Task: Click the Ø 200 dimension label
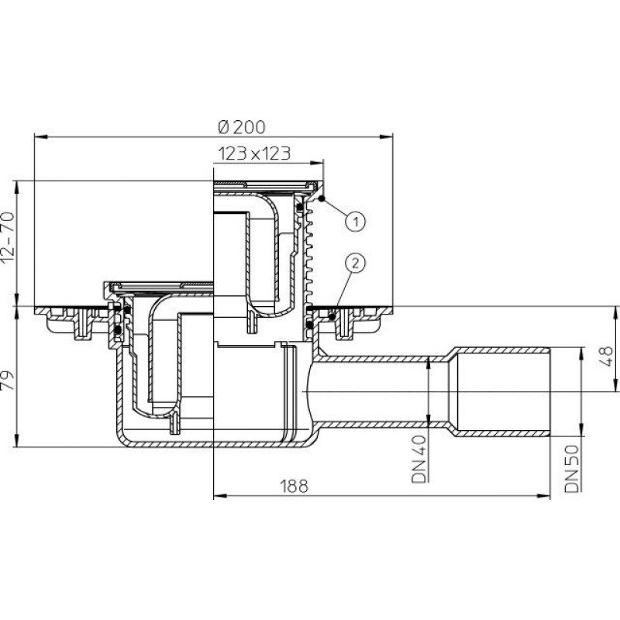tap(242, 127)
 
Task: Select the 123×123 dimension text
tap(255, 153)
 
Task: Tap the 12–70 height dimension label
tap(8, 237)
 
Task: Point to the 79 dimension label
tap(8, 380)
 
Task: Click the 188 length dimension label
tap(294, 487)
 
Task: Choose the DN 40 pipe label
tap(419, 459)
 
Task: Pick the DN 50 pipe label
tap(572, 469)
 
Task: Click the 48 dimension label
tap(606, 356)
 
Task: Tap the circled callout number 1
tap(356, 221)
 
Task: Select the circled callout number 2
tap(356, 263)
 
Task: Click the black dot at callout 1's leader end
tap(322, 198)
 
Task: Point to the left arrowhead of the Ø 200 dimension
tap(41, 137)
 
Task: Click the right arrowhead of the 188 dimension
tap(544, 496)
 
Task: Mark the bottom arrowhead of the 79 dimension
tap(17, 440)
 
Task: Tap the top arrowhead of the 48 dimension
tap(615, 313)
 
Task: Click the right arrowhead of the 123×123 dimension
tap(317, 163)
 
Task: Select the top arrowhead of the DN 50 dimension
tap(580, 354)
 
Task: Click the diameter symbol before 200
tap(223, 127)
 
